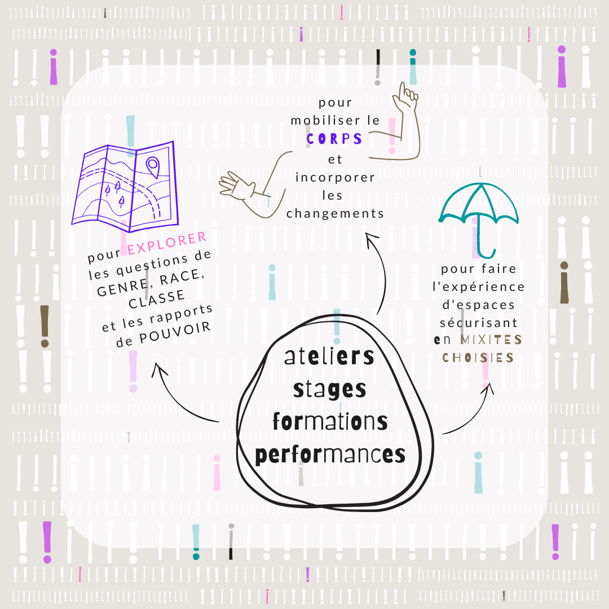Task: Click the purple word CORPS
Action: click(x=334, y=139)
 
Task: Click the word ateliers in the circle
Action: click(x=329, y=357)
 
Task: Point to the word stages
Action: click(x=329, y=389)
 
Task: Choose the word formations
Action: click(x=330, y=421)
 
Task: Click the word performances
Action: click(x=330, y=454)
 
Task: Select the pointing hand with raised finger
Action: click(x=407, y=98)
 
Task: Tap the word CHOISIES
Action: click(x=478, y=358)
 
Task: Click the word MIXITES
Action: click(x=491, y=340)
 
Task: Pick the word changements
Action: click(x=335, y=214)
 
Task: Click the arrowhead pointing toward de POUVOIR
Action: click(x=160, y=369)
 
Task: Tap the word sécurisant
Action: click(x=479, y=323)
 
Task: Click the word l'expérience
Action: click(x=479, y=287)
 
